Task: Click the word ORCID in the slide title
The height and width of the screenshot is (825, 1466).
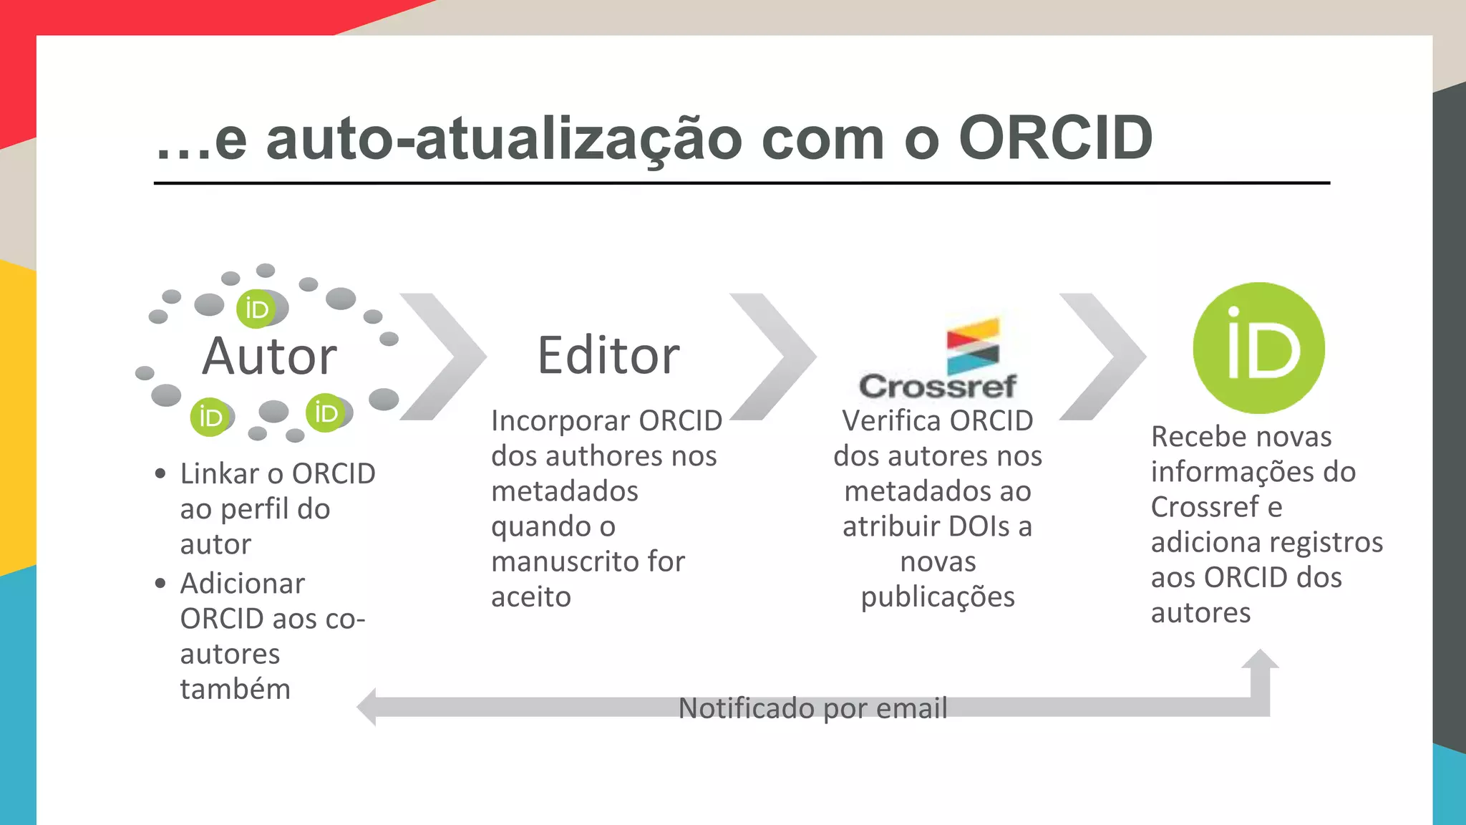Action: [1055, 138]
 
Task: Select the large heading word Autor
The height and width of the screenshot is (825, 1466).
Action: [269, 356]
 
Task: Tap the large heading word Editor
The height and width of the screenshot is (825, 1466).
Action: [608, 355]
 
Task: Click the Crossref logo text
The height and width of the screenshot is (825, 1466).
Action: [938, 387]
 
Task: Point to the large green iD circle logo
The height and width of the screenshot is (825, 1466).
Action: [1258, 348]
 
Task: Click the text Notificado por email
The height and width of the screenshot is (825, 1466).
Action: [812, 708]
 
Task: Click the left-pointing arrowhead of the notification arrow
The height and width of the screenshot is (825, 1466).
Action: [367, 707]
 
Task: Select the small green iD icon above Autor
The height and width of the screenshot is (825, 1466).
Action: [256, 309]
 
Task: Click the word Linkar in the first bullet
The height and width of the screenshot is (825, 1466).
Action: [219, 474]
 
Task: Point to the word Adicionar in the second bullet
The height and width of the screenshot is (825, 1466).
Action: [243, 584]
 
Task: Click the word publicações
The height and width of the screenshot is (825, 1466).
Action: [938, 597]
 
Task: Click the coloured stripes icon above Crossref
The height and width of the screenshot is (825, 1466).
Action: [972, 346]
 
